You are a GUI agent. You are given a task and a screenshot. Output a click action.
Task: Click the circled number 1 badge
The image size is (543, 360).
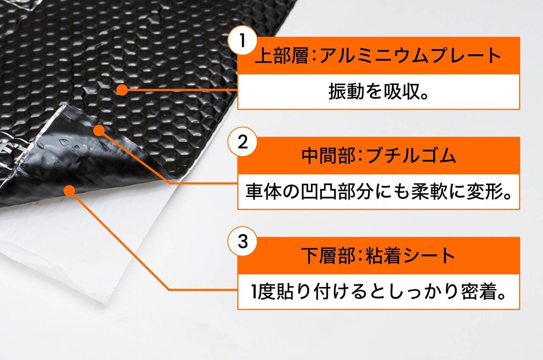coord(242,41)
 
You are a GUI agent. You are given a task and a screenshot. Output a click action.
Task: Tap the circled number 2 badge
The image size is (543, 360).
coord(242,142)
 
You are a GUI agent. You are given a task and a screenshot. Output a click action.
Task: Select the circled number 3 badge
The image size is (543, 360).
coord(242,242)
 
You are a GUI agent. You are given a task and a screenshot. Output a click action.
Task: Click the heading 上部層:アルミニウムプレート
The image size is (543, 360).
coord(378,55)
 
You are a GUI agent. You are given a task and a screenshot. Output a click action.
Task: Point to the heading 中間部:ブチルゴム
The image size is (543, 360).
coord(379,155)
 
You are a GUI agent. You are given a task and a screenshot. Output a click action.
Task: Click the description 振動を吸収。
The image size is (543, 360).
coord(378,92)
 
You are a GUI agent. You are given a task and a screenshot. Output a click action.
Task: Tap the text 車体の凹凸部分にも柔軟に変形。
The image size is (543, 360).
coord(378,192)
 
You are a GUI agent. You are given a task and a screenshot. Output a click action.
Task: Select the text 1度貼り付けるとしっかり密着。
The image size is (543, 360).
coord(378,292)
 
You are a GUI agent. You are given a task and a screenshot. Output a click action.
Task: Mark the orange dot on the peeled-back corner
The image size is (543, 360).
coord(99,130)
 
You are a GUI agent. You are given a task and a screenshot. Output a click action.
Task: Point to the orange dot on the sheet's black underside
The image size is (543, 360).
coord(70,191)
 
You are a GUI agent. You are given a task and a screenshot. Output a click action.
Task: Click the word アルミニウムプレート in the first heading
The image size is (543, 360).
coord(410,55)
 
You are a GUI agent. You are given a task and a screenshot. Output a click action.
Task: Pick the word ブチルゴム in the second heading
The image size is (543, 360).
coord(411,155)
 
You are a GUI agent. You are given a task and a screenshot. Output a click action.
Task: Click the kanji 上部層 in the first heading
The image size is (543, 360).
coord(281,55)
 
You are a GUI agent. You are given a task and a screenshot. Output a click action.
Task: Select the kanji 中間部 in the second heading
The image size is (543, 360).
coord(328,155)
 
